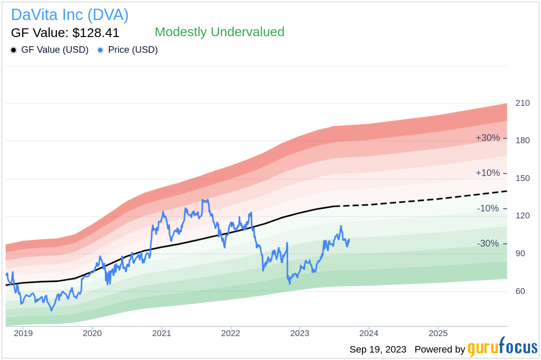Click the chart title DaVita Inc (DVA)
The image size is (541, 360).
[x=70, y=15]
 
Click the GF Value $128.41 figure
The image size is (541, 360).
[x=65, y=33]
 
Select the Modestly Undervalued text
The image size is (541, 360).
[x=219, y=32]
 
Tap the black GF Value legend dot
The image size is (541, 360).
[x=14, y=50]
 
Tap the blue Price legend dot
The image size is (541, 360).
[x=100, y=50]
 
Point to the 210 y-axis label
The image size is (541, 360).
[x=523, y=103]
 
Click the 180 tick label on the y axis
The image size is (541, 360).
[x=523, y=141]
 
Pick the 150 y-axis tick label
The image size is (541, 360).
[x=523, y=178]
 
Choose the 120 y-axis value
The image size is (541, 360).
[x=523, y=216]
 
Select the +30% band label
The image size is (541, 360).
[x=488, y=138]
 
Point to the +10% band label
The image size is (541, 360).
[x=488, y=173]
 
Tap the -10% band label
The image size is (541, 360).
[x=488, y=208]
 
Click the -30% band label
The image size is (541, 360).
[x=488, y=244]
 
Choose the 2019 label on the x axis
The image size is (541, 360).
[x=23, y=333]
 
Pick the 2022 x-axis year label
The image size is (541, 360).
[x=230, y=333]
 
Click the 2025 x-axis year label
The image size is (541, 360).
[x=438, y=333]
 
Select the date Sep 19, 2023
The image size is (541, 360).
[x=378, y=350]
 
